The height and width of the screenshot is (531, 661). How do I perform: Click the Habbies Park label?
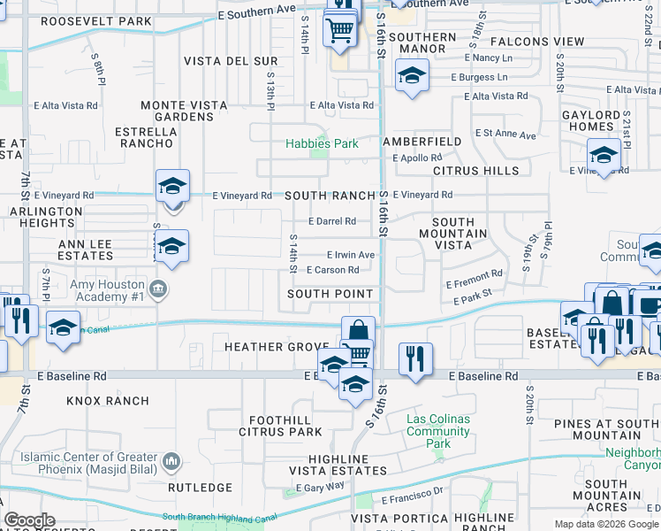tap(322, 143)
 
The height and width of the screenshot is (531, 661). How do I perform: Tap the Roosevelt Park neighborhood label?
tap(96, 20)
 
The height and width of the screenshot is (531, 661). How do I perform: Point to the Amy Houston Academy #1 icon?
tap(159, 288)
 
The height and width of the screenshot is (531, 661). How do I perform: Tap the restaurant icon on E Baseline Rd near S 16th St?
tap(415, 358)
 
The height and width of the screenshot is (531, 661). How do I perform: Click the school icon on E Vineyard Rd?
tap(173, 186)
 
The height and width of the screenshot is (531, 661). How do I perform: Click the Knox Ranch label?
tap(108, 401)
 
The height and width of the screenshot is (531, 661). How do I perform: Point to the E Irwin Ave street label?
tap(351, 255)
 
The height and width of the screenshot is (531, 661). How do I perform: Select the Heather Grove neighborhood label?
tap(264, 347)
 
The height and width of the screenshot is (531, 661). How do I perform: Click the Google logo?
tap(29, 520)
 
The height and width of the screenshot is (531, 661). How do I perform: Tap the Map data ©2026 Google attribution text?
tap(605, 524)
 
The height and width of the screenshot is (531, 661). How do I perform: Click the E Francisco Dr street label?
tap(412, 500)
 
